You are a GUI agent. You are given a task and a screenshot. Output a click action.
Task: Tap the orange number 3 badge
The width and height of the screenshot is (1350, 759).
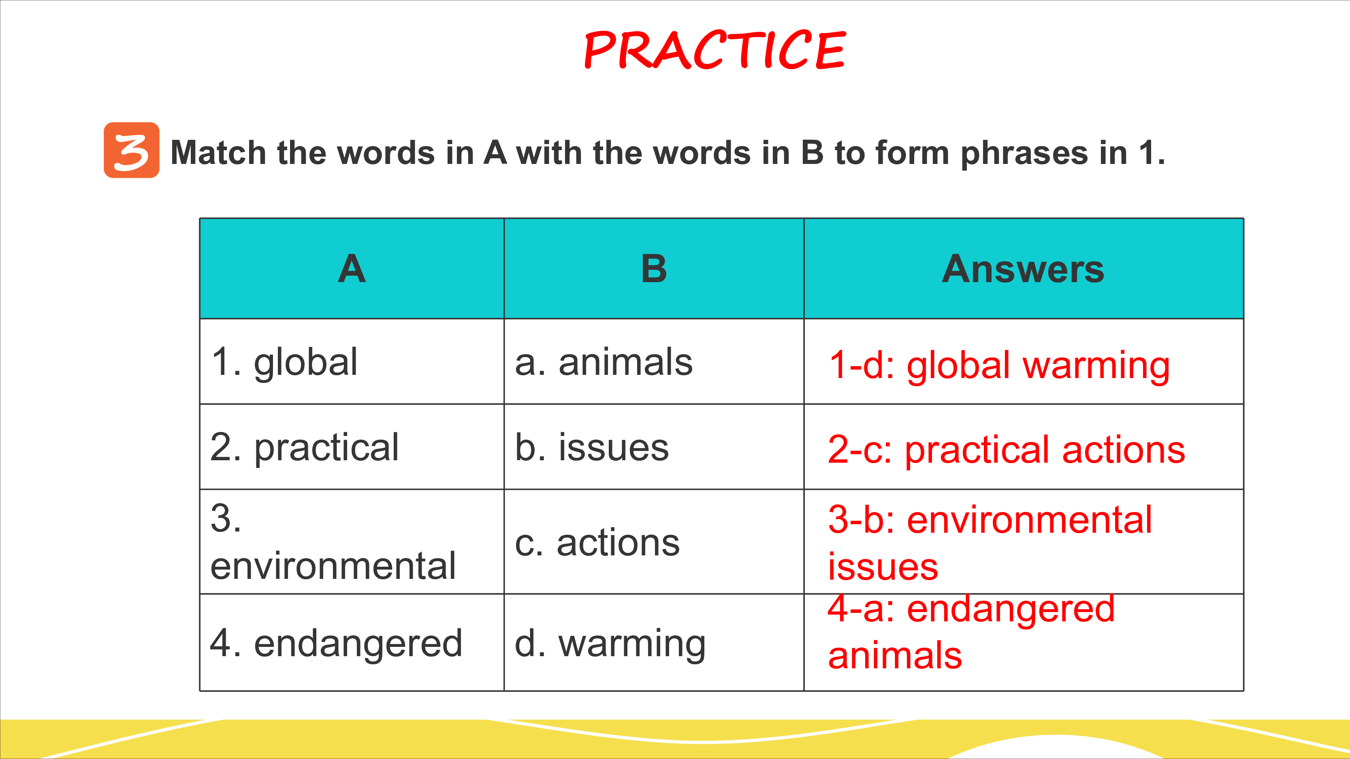pyautogui.click(x=132, y=150)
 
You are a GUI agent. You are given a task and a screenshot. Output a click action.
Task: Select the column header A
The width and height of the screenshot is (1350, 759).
pyautogui.click(x=352, y=269)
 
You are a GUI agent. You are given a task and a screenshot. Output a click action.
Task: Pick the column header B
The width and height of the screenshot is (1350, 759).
pyautogui.click(x=654, y=269)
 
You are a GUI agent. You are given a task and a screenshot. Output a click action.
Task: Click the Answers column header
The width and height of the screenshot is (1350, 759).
pyautogui.click(x=1023, y=269)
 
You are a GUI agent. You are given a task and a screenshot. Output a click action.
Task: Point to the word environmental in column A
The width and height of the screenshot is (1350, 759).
pyautogui.click(x=333, y=566)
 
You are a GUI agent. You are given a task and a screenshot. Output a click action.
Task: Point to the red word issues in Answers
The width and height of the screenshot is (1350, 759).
pyautogui.click(x=883, y=567)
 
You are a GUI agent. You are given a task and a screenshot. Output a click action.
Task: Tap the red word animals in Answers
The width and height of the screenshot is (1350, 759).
pyautogui.click(x=895, y=656)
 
